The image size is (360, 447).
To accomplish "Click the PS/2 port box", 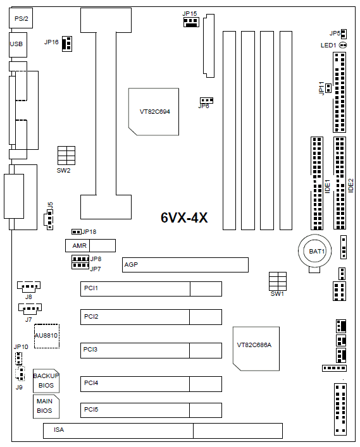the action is [x=20, y=18].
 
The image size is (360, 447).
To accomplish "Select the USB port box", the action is [x=18, y=44].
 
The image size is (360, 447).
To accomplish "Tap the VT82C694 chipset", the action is [x=154, y=112].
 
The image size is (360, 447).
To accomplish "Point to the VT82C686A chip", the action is [x=256, y=348].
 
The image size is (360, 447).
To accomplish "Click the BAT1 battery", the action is [x=314, y=251].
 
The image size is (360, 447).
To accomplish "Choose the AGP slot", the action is [x=185, y=265].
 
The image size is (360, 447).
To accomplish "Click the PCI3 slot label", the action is [x=90, y=349].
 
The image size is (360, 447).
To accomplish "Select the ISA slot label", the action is [x=59, y=429].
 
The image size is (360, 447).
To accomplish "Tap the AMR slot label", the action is [x=79, y=245].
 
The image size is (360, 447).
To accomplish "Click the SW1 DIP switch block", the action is [x=278, y=281].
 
